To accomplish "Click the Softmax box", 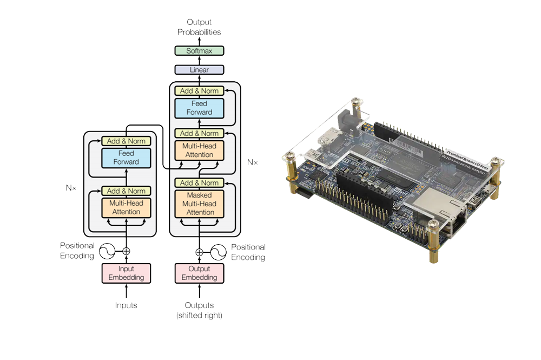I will point(199,50).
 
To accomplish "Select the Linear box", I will point(199,70).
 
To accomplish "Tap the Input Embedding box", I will point(126,273).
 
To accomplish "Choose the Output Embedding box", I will point(199,273).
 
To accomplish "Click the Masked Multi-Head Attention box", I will point(200,204).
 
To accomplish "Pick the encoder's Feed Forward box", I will point(126,158).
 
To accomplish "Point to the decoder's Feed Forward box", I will point(200,108).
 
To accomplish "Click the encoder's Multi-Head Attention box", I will point(126,208).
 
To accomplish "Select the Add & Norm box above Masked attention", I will point(200,183).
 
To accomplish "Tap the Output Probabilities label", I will point(199,27).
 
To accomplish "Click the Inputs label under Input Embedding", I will point(126,306).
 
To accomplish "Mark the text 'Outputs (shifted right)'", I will point(199,310).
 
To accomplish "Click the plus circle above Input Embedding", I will point(126,251).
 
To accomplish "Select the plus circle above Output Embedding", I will point(199,251).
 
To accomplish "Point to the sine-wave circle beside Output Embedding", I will point(219,251).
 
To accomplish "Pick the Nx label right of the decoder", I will point(252,162).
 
